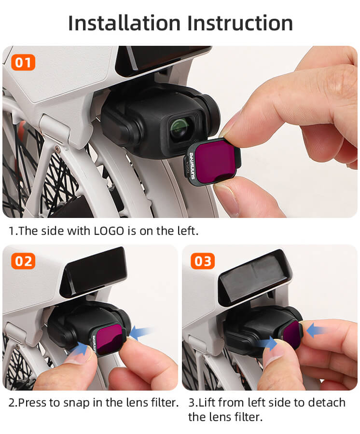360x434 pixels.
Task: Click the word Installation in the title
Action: pyautogui.click(x=125, y=23)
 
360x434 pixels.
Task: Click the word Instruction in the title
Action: pyautogui.click(x=240, y=23)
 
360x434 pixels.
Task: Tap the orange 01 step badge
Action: pyautogui.click(x=23, y=62)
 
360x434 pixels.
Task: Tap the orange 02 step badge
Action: pyautogui.click(x=23, y=261)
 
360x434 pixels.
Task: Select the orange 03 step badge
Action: pyautogui.click(x=203, y=261)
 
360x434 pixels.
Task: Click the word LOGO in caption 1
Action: pyautogui.click(x=109, y=231)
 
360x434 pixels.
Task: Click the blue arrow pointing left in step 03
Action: pyautogui.click(x=317, y=330)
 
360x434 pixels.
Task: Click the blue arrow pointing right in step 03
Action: pyautogui.click(x=267, y=344)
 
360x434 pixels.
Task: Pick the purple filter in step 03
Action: pyautogui.click(x=291, y=335)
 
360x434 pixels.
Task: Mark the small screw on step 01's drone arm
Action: pyautogui.click(x=57, y=149)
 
